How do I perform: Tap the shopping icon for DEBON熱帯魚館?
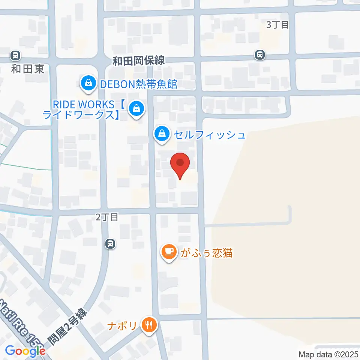(88, 82)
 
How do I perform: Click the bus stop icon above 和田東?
(15, 56)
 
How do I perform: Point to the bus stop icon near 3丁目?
(259, 55)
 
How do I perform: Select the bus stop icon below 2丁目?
(110, 244)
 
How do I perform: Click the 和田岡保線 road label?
(138, 60)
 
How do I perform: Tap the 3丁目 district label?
(277, 25)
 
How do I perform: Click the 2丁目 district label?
(107, 217)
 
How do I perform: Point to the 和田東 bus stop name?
(27, 69)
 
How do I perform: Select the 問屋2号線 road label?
(68, 326)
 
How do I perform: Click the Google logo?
(25, 351)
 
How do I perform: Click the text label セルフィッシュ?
(208, 134)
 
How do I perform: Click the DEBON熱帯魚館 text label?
(138, 84)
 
